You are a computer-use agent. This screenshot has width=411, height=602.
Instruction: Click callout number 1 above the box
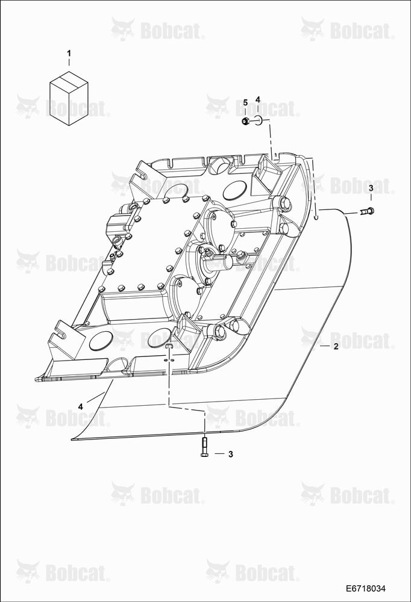pos(69,52)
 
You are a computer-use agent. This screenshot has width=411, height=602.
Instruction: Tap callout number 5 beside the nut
pos(246,102)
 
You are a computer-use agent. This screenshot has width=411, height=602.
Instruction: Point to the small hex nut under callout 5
pos(245,122)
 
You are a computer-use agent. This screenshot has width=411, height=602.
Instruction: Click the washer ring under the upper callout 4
pos(259,120)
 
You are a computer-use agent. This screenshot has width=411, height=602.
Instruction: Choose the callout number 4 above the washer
pos(258,100)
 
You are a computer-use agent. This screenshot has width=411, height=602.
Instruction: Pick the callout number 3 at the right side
pos(371,188)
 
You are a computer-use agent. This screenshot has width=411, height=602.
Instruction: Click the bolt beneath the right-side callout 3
pos(368,211)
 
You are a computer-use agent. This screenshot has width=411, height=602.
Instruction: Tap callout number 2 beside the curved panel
pos(336,347)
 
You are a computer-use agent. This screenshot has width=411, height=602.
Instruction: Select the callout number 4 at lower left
pos(80,406)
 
